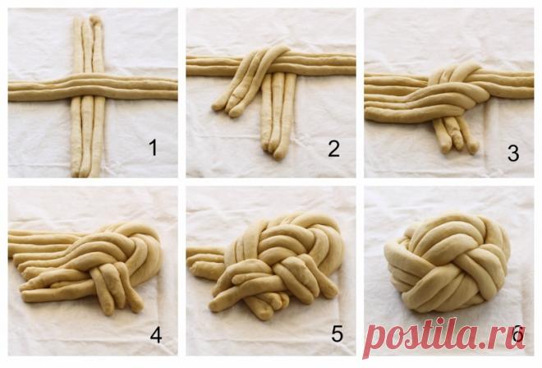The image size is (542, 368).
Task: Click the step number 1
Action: click(x=153, y=148)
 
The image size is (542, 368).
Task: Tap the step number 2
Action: click(x=333, y=149)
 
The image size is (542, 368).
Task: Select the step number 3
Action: click(x=513, y=153)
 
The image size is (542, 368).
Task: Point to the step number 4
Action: click(x=156, y=334)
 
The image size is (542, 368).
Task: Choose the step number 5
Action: click(x=337, y=333)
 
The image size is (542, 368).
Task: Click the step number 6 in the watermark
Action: click(x=518, y=334)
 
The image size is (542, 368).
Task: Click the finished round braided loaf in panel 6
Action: click(x=448, y=262)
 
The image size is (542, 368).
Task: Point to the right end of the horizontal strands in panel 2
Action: click(x=350, y=64)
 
